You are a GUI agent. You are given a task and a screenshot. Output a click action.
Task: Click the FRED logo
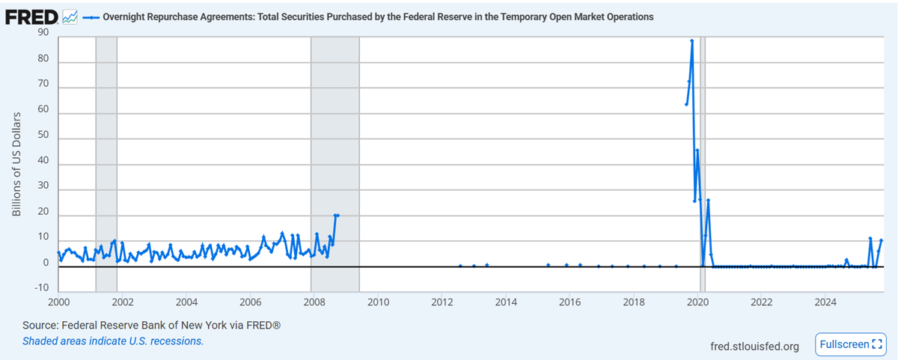(x=31, y=16)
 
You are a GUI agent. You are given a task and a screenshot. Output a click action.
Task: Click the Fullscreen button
(x=851, y=344)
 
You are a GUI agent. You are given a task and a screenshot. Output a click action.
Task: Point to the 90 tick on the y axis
(x=43, y=32)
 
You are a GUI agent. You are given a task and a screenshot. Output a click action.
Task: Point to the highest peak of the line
(x=691, y=40)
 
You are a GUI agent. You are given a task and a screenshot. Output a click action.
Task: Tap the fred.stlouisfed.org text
(x=754, y=346)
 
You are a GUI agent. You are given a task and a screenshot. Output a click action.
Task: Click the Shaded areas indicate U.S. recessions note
(x=113, y=341)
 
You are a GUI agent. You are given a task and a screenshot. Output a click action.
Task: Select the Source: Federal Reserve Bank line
(x=151, y=326)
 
